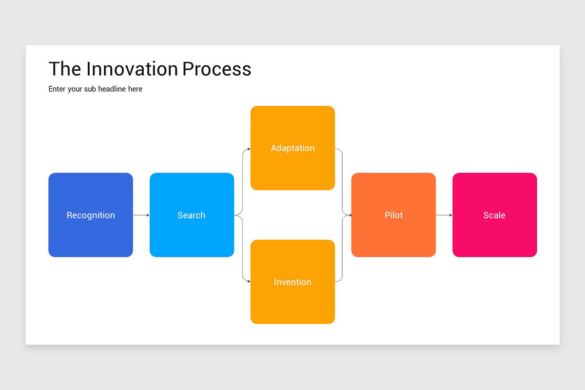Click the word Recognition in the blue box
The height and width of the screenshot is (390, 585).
[91, 215]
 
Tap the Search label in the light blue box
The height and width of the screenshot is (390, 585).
[191, 215]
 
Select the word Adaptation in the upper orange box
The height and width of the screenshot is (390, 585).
[292, 148]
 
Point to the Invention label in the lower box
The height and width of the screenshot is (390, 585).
[292, 282]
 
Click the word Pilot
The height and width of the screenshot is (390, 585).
[393, 215]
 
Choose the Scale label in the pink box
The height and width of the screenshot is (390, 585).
[494, 215]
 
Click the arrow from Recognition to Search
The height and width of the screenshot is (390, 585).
[141, 215]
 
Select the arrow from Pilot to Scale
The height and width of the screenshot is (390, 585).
[444, 215]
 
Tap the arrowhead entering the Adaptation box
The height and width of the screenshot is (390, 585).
[249, 149]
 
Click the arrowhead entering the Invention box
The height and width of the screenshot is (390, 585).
[249, 281]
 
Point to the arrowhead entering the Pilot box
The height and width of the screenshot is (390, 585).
[350, 215]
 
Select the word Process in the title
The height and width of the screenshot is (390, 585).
[217, 69]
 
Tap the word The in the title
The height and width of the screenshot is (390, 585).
[65, 69]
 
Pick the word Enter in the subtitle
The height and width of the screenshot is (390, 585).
[57, 89]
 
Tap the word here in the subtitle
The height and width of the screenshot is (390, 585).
[135, 89]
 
